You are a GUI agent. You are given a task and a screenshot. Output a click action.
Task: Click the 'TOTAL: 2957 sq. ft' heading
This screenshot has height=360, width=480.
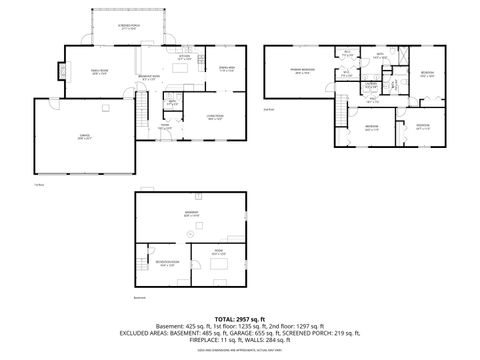pyautogui.click(x=239, y=316)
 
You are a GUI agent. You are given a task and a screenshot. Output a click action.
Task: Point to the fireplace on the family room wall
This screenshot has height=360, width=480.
pyautogui.click(x=65, y=71)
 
